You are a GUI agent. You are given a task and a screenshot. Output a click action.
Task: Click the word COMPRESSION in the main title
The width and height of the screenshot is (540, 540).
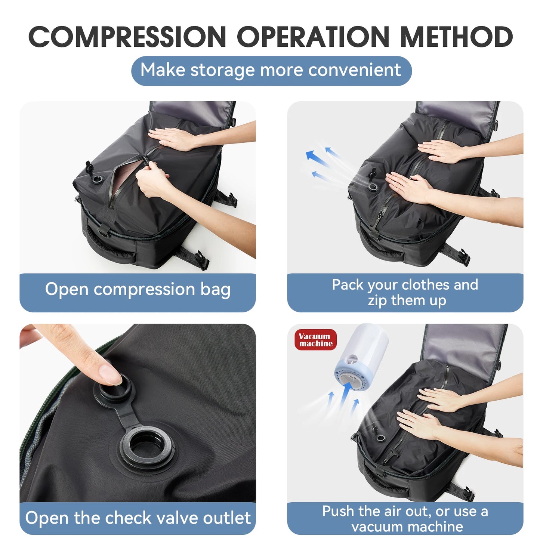[127, 37]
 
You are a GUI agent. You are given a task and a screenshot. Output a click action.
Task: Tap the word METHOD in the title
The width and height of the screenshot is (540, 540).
[456, 37]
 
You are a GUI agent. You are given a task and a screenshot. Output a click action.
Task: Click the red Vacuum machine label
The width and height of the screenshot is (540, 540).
[315, 340]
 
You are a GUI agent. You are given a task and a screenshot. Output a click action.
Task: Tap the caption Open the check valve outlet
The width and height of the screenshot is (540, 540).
[138, 518]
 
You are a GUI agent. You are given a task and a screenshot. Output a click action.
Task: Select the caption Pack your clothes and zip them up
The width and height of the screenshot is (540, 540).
[405, 292]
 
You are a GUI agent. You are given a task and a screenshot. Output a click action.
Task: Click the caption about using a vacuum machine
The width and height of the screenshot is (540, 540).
[405, 519]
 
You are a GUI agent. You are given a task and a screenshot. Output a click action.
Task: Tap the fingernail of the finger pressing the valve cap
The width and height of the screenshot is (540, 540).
[111, 374]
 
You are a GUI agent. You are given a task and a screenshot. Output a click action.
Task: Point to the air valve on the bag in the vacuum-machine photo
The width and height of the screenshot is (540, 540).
[381, 438]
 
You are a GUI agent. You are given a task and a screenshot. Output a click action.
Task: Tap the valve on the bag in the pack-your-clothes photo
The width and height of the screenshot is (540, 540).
[373, 186]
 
